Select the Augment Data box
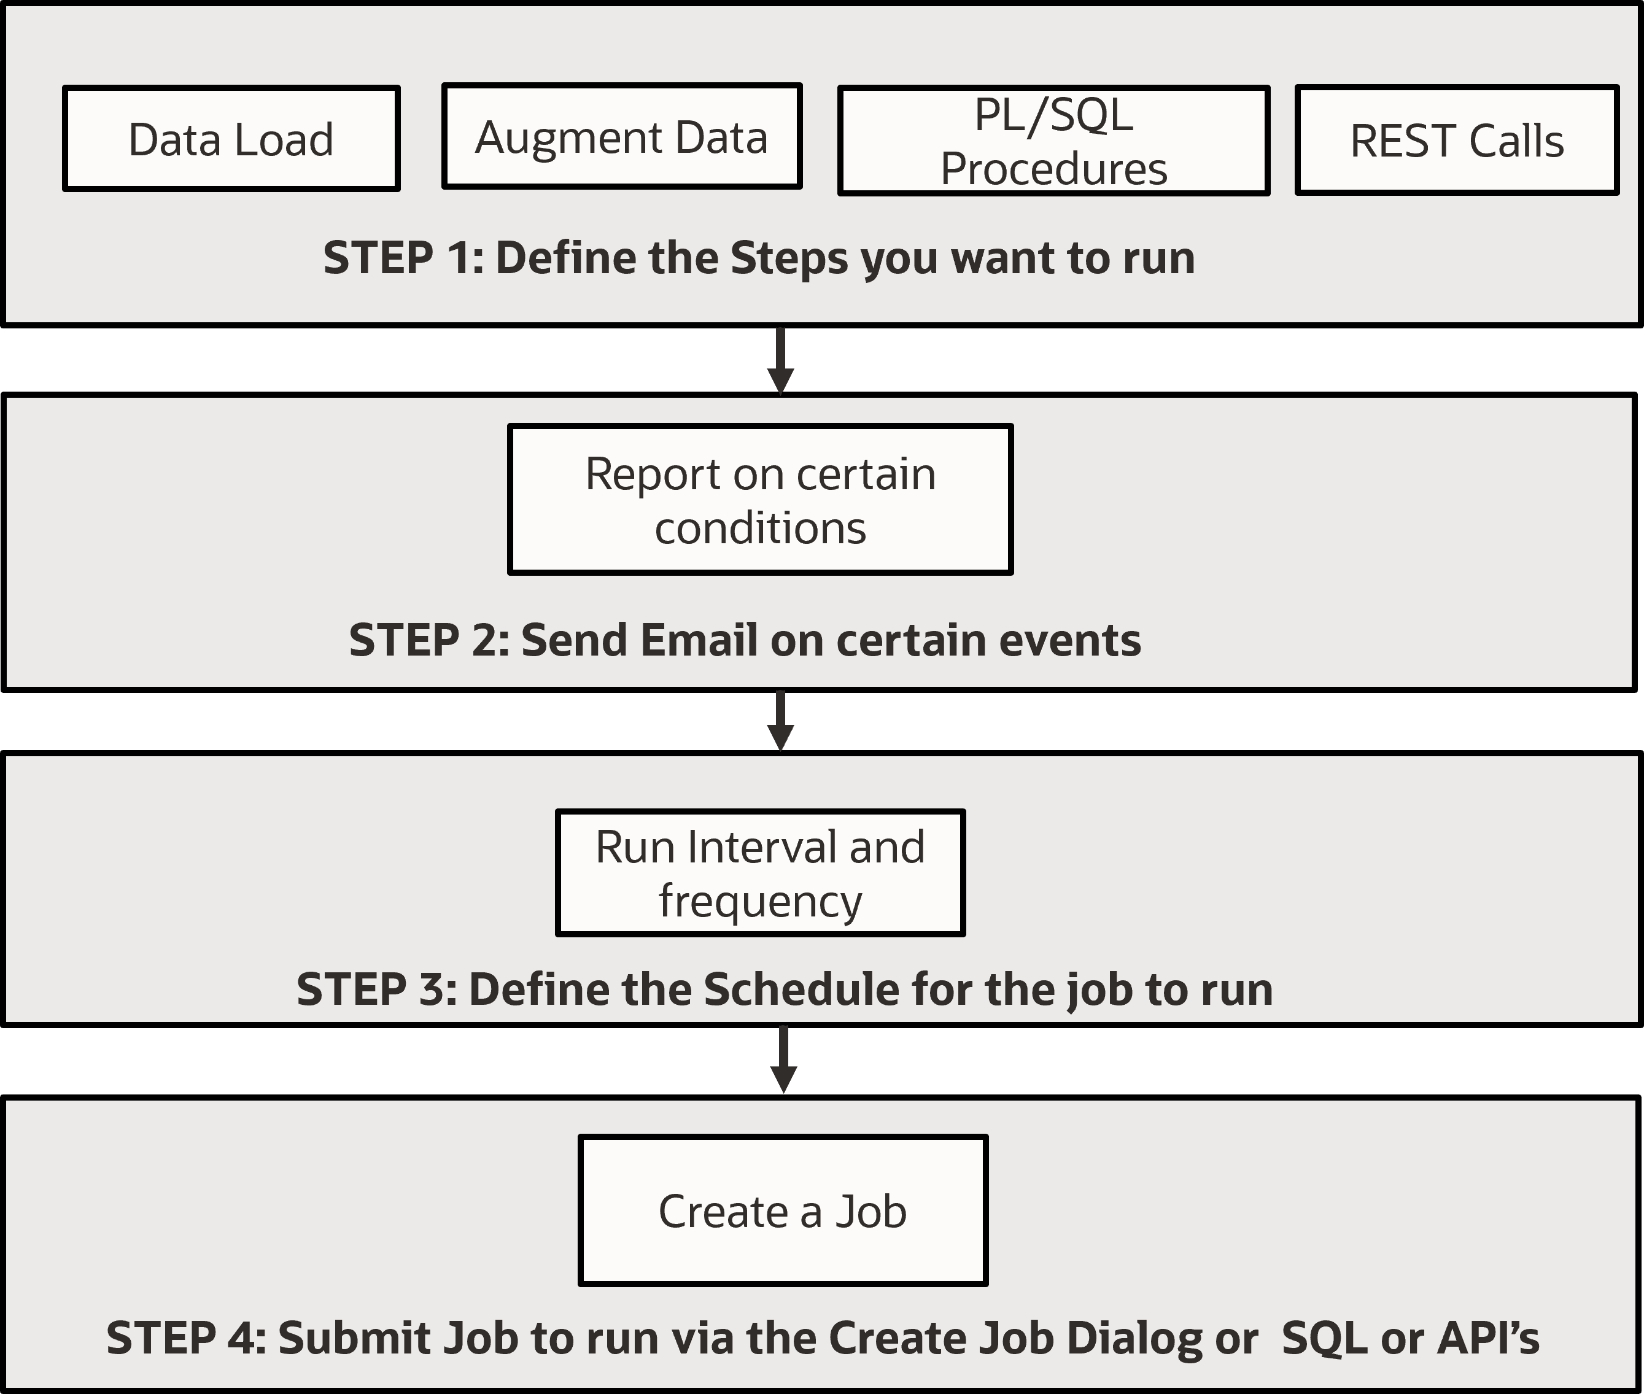point(621,136)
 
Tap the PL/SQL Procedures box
point(1053,141)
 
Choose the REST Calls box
point(1457,141)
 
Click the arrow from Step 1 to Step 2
point(780,360)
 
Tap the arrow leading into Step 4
point(783,1059)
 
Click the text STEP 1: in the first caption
point(403,258)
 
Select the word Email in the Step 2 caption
point(699,640)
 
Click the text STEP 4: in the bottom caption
point(187,1338)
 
